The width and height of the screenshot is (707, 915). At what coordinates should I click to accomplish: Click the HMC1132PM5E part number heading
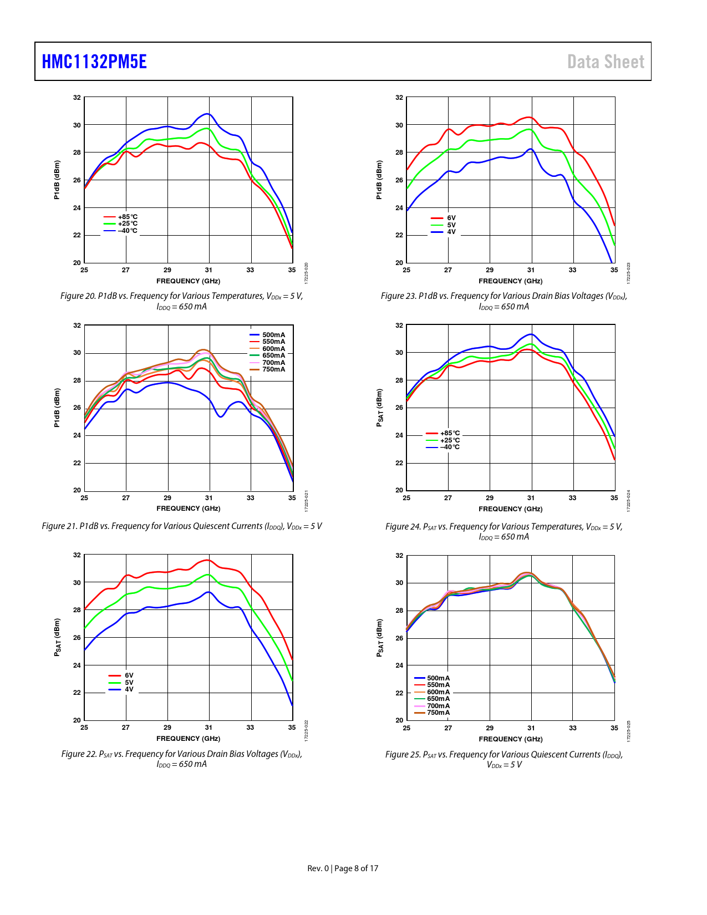(x=94, y=62)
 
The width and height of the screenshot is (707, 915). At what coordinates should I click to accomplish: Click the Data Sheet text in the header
(x=606, y=62)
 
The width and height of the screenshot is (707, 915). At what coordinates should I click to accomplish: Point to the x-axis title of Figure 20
(x=188, y=281)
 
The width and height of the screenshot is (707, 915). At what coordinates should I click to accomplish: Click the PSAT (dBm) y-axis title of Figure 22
(x=57, y=638)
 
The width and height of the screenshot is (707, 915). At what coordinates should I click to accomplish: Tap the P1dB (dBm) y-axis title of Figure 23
(x=379, y=180)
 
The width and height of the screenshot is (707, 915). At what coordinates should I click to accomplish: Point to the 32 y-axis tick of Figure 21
(x=77, y=326)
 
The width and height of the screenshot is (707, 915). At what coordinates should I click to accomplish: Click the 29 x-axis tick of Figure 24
(x=490, y=498)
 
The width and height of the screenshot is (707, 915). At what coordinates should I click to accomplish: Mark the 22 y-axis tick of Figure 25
(x=399, y=693)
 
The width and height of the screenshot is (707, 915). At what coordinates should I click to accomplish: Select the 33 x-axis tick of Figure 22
(x=251, y=728)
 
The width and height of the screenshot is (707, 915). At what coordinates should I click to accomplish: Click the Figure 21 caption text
(x=182, y=526)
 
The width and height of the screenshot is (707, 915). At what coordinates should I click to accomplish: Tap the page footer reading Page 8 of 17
(x=343, y=868)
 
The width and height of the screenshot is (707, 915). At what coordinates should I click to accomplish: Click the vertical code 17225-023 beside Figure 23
(x=629, y=273)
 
